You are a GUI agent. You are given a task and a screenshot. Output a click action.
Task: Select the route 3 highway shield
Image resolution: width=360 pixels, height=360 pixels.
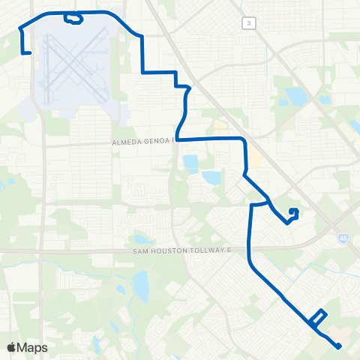[x=248, y=24]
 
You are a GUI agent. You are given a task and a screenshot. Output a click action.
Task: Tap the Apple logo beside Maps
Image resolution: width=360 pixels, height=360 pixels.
[x=11, y=347]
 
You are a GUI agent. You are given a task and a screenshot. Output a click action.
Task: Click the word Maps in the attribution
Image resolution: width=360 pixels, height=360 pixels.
[x=33, y=347]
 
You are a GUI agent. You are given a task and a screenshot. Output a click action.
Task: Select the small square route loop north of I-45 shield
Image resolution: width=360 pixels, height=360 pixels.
[x=293, y=213]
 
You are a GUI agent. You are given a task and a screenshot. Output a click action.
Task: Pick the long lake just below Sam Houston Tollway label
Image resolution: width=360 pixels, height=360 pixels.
[x=139, y=285]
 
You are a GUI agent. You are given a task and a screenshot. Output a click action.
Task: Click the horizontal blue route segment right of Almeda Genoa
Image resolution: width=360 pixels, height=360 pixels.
[x=210, y=139]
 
